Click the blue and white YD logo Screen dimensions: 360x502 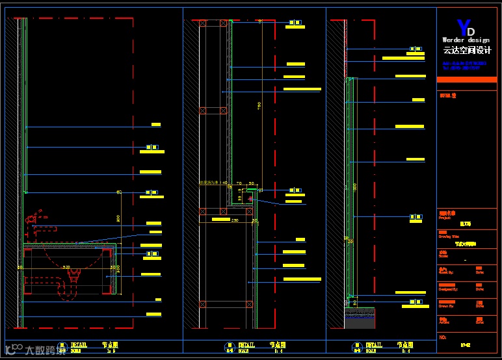[x=466, y=29]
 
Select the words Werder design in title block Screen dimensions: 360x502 [x=466, y=40]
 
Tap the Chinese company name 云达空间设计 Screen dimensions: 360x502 [x=467, y=50]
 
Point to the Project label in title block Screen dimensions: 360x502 [x=445, y=218]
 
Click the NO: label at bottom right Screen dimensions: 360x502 [x=443, y=338]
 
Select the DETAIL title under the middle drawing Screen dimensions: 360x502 [x=246, y=345]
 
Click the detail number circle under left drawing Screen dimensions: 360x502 [x=62, y=348]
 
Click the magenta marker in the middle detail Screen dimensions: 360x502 [x=250, y=198]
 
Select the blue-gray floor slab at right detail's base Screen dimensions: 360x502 [x=360, y=319]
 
